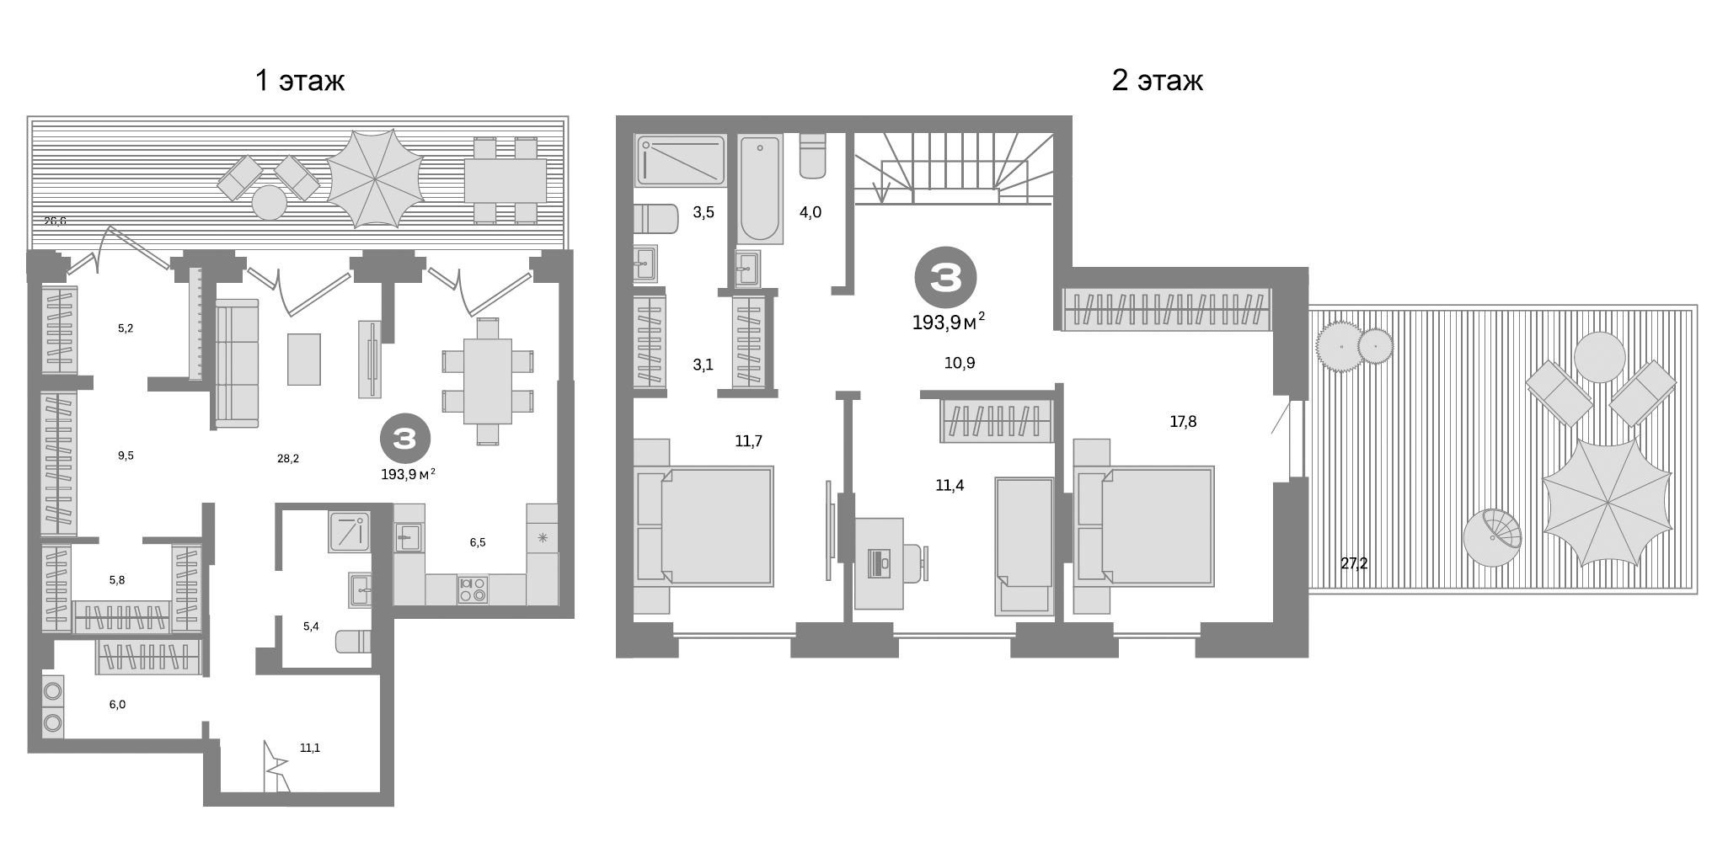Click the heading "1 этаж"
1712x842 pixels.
[x=300, y=81]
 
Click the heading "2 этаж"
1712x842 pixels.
[x=1157, y=81]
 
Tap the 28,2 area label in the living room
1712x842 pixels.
[x=287, y=459]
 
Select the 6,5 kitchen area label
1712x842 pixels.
[x=478, y=543]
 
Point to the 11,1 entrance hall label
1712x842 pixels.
[x=310, y=748]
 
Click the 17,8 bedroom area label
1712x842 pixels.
[x=1183, y=422]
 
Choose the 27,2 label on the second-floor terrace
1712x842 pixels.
[x=1354, y=563]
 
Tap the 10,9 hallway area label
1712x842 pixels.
[x=960, y=363]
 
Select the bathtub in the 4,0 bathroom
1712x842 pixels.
[x=760, y=188]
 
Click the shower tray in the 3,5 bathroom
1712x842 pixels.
[x=680, y=160]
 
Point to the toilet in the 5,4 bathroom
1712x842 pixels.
[x=354, y=642]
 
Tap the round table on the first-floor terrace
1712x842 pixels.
[x=270, y=203]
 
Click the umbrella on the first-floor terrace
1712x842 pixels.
[x=375, y=179]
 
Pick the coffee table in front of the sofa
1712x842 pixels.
[x=303, y=360]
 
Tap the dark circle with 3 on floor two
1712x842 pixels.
[x=945, y=276]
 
